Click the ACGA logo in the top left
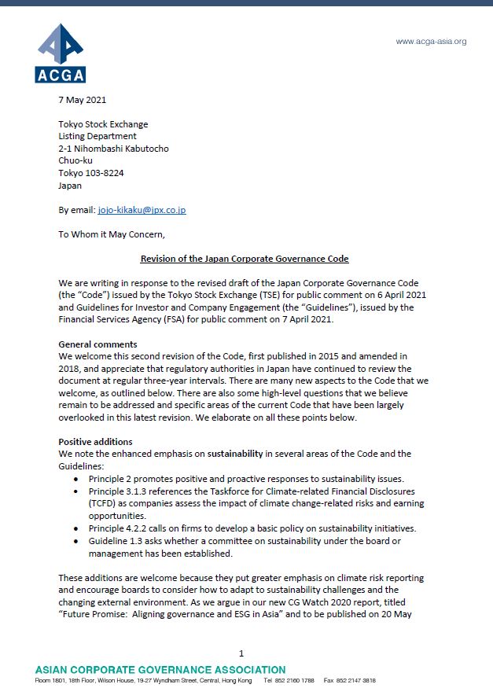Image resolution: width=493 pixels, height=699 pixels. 60,53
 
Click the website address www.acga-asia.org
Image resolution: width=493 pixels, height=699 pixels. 430,41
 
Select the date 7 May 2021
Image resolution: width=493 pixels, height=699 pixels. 83,100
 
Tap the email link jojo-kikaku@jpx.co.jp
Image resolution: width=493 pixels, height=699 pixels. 142,210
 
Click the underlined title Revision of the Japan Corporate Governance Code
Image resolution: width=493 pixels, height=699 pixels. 244,259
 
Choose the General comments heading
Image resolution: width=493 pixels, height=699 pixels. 98,344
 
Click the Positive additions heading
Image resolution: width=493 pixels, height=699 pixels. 95,442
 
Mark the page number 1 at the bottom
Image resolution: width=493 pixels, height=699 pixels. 241,653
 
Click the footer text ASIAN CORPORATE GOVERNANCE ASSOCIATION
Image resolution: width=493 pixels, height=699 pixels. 160,669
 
